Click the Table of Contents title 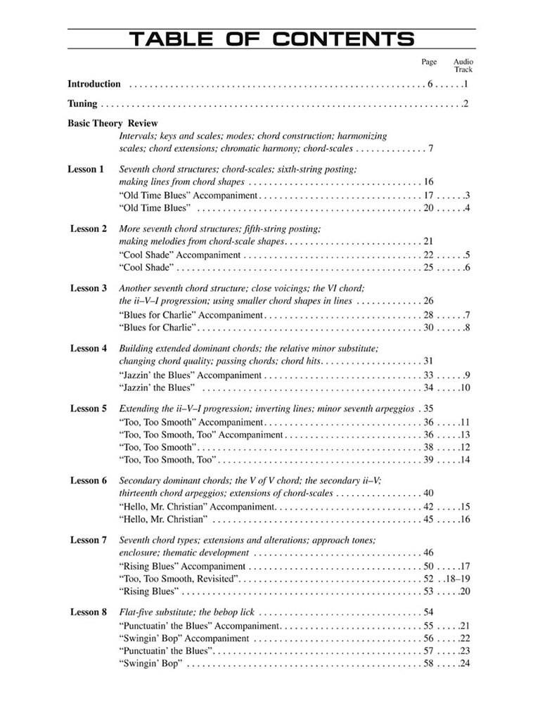271,39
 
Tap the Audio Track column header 463,65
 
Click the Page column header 429,62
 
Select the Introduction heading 94,84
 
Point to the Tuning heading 82,104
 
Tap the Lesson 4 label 89,349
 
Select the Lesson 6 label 89,480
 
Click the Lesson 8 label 89,612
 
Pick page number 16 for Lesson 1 429,182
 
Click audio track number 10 464,387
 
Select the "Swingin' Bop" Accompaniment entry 184,638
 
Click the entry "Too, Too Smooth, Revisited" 180,579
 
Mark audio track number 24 464,664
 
